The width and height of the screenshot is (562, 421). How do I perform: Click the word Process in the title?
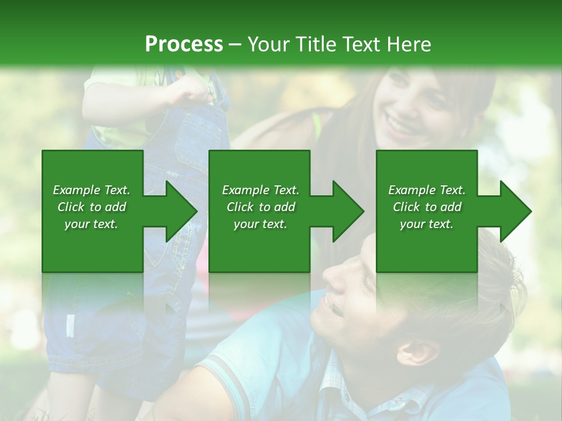[184, 44]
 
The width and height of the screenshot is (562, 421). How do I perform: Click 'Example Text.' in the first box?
[91, 190]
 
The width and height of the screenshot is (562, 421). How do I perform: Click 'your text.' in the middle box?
[260, 224]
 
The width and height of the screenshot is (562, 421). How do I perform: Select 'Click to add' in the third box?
[427, 207]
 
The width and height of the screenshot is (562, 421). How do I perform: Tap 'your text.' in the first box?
[91, 224]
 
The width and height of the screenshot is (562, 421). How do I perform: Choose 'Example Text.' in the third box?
[427, 190]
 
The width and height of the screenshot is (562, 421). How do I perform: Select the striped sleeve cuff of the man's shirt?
[220, 374]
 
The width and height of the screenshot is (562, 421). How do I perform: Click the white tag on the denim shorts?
[70, 325]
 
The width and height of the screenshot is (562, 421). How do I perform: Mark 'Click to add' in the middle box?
[260, 207]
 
